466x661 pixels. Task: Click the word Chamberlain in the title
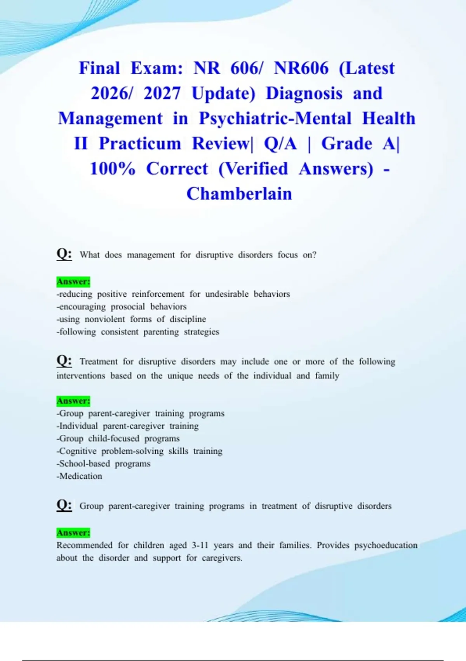coord(239,194)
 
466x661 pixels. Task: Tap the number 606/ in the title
coord(247,68)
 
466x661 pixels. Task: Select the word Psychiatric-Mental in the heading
coord(275,118)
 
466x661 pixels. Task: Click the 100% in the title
coord(113,169)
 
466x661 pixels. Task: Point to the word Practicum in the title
coord(140,143)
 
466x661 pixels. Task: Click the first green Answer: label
coord(73,281)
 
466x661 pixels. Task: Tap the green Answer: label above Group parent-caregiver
coord(73,400)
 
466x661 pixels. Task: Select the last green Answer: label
coord(73,532)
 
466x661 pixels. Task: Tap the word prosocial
coord(128,307)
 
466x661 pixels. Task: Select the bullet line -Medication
coord(80,476)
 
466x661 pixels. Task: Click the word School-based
coord(84,464)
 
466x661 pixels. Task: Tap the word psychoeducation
coord(386,545)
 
